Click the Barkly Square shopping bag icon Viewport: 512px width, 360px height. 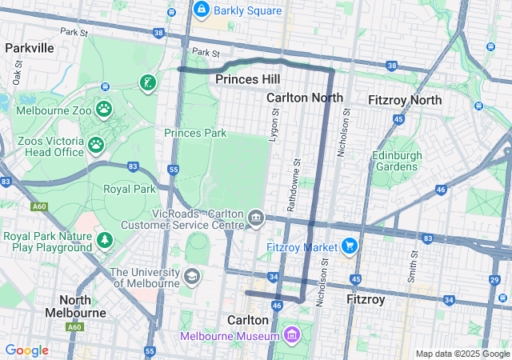pyautogui.click(x=201, y=10)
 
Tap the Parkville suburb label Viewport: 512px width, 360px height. pyautogui.click(x=29, y=48)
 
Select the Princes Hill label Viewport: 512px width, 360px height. pyautogui.click(x=248, y=79)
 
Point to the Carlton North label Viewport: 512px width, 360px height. pyautogui.click(x=304, y=98)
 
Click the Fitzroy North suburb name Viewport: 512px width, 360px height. pyautogui.click(x=404, y=100)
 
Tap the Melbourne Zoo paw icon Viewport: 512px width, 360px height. pyautogui.click(x=104, y=108)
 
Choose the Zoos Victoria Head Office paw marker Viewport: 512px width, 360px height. pyautogui.click(x=96, y=145)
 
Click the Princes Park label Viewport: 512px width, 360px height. pyautogui.click(x=195, y=133)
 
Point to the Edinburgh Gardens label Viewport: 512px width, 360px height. pyautogui.click(x=394, y=161)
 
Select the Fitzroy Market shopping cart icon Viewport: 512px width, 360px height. pyautogui.click(x=349, y=246)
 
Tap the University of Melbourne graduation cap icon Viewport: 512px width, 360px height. pyautogui.click(x=191, y=277)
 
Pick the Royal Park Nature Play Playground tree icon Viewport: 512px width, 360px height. pyautogui.click(x=104, y=241)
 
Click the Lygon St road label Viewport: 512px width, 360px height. pyautogui.click(x=274, y=126)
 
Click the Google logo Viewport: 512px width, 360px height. pyautogui.click(x=26, y=350)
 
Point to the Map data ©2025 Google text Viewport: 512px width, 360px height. pyautogui.click(x=462, y=354)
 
